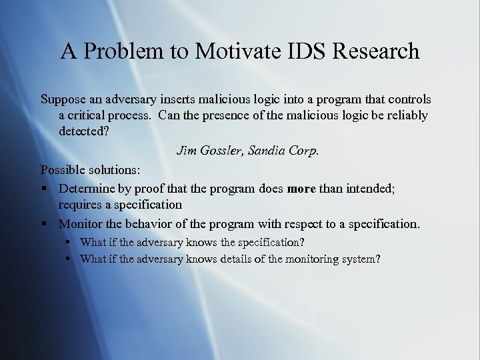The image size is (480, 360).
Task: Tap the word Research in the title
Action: coord(377,51)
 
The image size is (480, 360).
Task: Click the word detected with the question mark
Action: coord(84,131)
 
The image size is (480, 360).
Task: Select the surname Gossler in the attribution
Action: coord(220,151)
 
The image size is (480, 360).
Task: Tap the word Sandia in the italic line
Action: coord(268,151)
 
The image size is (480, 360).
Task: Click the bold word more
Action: coord(301,189)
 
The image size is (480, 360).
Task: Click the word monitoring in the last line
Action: coord(311,259)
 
